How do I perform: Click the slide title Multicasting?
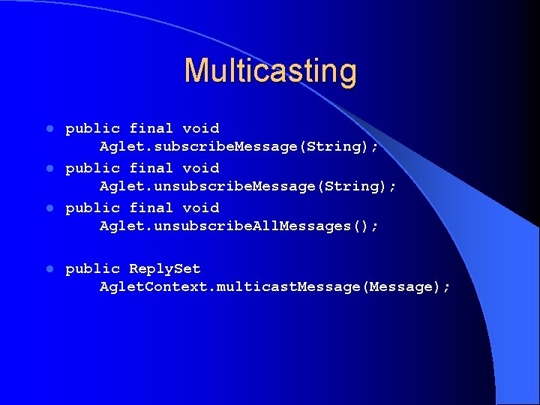point(270,70)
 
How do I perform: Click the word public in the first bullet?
point(92,128)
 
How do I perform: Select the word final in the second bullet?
point(151,168)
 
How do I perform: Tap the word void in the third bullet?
point(201,208)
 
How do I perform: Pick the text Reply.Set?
point(165,268)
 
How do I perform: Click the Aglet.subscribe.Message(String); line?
point(239,146)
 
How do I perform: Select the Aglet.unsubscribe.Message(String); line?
point(248,186)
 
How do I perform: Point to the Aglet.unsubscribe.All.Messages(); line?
point(239,226)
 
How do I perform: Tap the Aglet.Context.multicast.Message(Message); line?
point(275,286)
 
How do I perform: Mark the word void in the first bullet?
point(201,128)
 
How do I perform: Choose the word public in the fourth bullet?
point(92,268)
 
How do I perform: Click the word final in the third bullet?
point(151,208)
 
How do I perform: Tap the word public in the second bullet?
point(92,168)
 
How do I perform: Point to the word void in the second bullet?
point(201,168)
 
